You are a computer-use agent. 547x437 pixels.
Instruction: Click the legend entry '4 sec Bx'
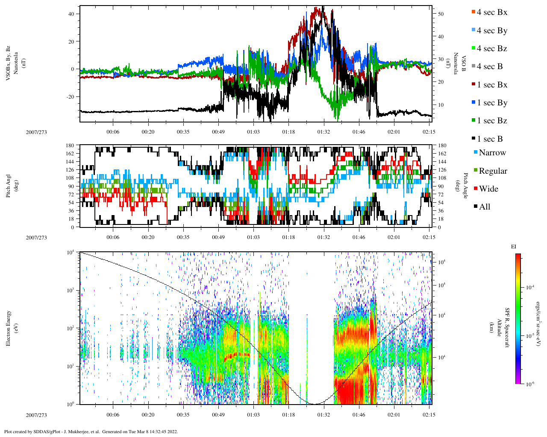492,12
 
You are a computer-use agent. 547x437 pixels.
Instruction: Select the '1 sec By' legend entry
492,103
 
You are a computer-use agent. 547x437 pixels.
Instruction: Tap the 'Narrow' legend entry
492,153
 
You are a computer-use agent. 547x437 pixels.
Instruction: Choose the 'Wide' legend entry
488,189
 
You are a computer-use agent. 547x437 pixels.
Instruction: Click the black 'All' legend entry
485,207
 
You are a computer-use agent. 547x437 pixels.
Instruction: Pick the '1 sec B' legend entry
490,139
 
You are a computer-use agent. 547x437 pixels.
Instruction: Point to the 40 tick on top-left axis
71,14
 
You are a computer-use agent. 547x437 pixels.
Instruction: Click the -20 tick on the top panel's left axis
70,96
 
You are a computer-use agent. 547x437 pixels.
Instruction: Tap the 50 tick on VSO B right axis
441,14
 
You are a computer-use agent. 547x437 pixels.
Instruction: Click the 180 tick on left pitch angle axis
71,146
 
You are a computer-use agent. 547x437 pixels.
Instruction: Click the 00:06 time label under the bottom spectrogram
113,415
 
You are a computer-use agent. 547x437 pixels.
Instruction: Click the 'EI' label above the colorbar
514,247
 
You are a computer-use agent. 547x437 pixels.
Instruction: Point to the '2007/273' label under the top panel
36,132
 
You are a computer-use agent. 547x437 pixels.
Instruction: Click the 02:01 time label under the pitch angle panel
394,237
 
